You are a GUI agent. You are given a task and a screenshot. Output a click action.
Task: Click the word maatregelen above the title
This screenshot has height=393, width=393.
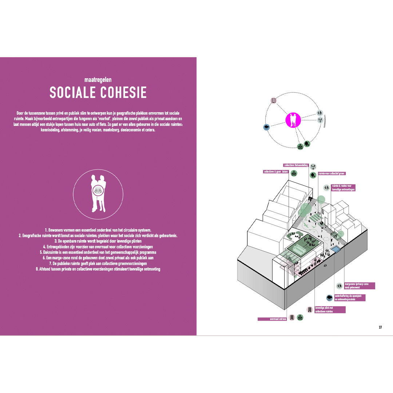point(98,79)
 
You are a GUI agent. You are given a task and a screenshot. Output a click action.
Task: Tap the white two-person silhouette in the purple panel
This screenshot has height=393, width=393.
point(98,193)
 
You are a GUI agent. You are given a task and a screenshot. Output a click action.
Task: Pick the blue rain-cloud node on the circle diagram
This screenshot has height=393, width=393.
point(267,127)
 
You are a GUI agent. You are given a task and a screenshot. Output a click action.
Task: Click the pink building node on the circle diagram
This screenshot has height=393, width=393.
point(274,100)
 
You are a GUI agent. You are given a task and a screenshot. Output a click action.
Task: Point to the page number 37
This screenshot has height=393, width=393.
point(380,327)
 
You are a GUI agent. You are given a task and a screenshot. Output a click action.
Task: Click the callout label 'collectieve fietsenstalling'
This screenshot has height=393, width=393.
point(296,166)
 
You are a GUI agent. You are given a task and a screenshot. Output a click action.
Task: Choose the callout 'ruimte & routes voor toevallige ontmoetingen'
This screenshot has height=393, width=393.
point(343,188)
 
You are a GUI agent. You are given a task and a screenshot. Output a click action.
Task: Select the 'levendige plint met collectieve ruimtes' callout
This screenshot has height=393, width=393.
point(330,310)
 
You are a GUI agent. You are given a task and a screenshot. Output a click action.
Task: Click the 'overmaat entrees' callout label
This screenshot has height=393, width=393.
point(272,319)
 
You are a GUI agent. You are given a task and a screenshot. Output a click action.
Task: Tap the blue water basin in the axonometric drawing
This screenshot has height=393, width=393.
point(336,249)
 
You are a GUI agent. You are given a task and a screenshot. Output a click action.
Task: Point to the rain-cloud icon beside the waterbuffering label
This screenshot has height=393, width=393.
point(329,298)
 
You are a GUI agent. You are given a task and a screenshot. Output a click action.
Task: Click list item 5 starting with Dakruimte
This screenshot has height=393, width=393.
point(98,252)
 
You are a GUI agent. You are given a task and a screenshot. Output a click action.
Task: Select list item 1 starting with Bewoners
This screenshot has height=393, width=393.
point(98,230)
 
